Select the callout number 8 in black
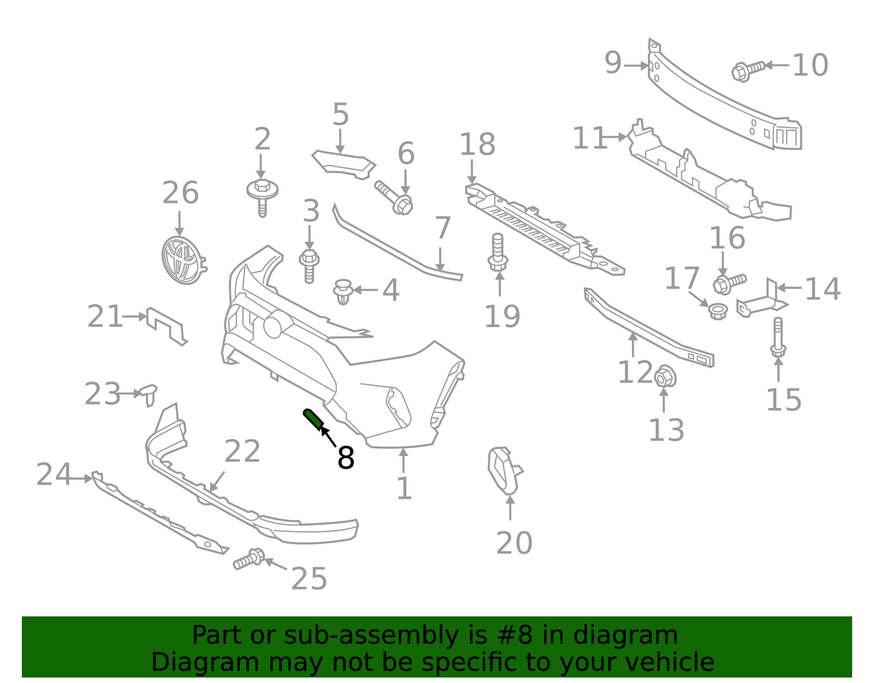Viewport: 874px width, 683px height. pos(346,458)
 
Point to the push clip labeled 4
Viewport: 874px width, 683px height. pos(342,291)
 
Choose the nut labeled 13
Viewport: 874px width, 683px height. pos(665,376)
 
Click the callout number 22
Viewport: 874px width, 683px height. pos(242,452)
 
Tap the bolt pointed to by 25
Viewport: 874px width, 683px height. pos(249,559)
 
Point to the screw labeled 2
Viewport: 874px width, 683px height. pos(262,194)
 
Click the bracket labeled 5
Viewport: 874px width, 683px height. pos(344,164)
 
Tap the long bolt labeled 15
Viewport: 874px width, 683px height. pos(778,336)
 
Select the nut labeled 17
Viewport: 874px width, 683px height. pos(717,311)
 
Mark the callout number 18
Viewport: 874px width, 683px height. pos(477,145)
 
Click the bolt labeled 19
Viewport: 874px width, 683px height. pos(498,252)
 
